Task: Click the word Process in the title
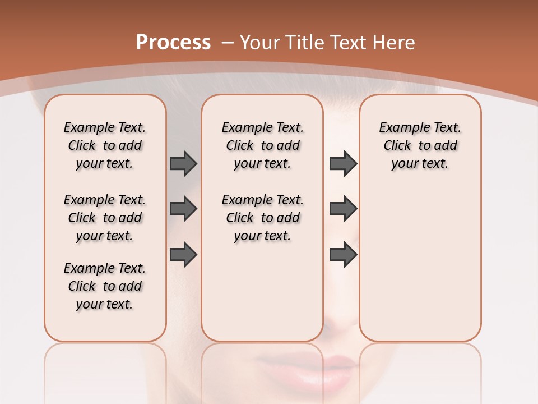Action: click(173, 42)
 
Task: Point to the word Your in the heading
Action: click(261, 42)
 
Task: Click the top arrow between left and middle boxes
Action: click(183, 163)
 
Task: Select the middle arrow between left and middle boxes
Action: click(183, 209)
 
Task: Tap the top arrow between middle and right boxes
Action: click(343, 163)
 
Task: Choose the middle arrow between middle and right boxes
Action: click(343, 209)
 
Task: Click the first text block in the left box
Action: click(105, 145)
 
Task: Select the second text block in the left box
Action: click(105, 218)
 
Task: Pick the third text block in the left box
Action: click(105, 286)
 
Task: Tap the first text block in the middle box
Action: click(262, 145)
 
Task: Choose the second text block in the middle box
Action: click(262, 218)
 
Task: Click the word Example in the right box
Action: click(401, 127)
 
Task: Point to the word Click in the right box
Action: click(397, 145)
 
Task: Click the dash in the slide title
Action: click(228, 42)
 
